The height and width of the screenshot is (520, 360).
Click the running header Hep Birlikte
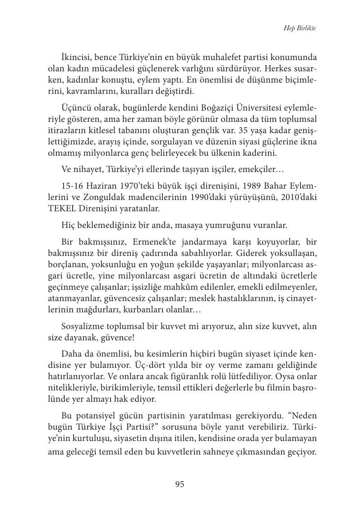click(x=300, y=28)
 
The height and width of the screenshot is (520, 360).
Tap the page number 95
click(x=180, y=484)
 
